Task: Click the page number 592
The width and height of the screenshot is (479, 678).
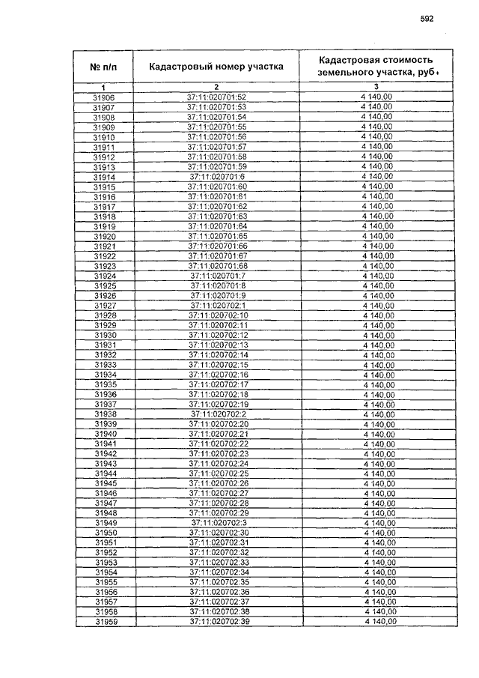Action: click(x=427, y=19)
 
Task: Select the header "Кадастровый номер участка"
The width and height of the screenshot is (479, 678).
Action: click(x=216, y=66)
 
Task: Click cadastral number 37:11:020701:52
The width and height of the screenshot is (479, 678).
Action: click(x=216, y=97)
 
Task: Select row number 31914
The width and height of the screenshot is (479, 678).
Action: click(x=103, y=177)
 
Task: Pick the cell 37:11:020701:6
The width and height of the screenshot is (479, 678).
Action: click(x=217, y=177)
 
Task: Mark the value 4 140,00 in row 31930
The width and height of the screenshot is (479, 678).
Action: click(x=378, y=335)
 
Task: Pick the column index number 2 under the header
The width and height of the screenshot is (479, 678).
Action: click(x=216, y=88)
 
